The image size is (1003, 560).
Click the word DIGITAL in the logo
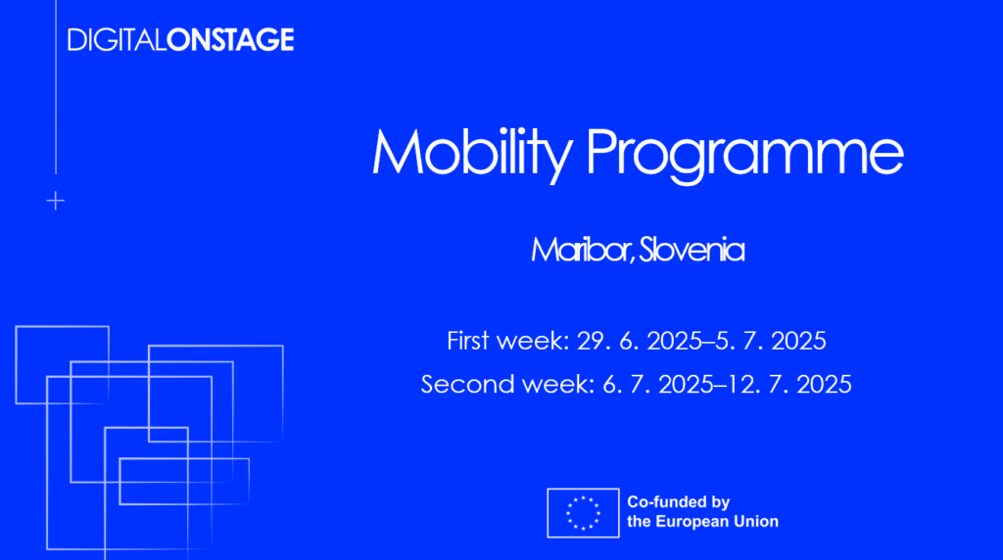[x=117, y=39]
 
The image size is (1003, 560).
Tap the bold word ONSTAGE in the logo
[x=230, y=39]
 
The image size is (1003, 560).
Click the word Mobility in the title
[x=472, y=154]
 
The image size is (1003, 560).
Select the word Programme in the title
[x=744, y=154]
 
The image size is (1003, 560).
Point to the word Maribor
[x=582, y=250]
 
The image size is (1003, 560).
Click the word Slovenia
[x=693, y=250]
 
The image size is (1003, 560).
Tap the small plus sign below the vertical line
[x=56, y=201]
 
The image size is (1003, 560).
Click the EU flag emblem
[x=583, y=513]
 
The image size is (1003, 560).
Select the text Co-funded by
[x=678, y=502]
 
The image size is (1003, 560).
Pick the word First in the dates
[x=468, y=340]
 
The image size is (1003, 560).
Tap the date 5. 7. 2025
[x=770, y=340]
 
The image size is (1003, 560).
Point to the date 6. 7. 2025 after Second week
[x=658, y=384]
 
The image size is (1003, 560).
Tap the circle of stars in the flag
[x=583, y=513]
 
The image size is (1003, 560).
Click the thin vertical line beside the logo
[x=56, y=87]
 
